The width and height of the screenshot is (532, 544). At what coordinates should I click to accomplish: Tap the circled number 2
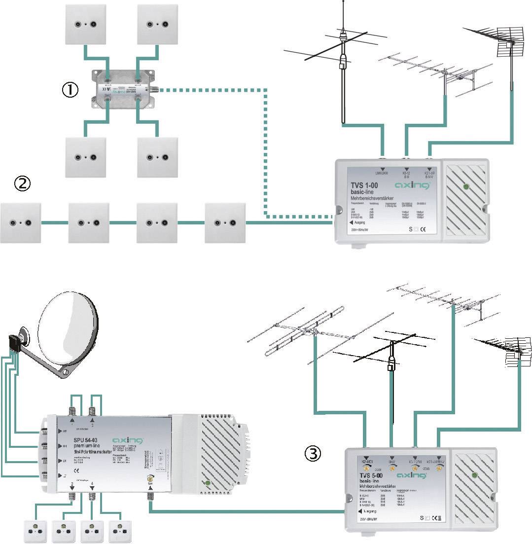pos(22,184)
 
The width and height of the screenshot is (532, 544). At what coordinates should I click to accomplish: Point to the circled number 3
pos(313,453)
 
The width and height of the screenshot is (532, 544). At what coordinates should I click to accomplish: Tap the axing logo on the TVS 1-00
pos(413,185)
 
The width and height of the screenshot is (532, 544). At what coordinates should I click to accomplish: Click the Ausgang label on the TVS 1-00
pos(358,222)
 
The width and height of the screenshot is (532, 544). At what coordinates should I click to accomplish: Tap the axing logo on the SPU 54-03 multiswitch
pos(127,440)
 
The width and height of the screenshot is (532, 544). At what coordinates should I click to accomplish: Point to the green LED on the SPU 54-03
pos(208,483)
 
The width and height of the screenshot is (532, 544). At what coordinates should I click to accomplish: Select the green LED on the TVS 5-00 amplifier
pos(474,475)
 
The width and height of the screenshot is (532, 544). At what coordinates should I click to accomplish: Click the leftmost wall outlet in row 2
pos(21,222)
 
